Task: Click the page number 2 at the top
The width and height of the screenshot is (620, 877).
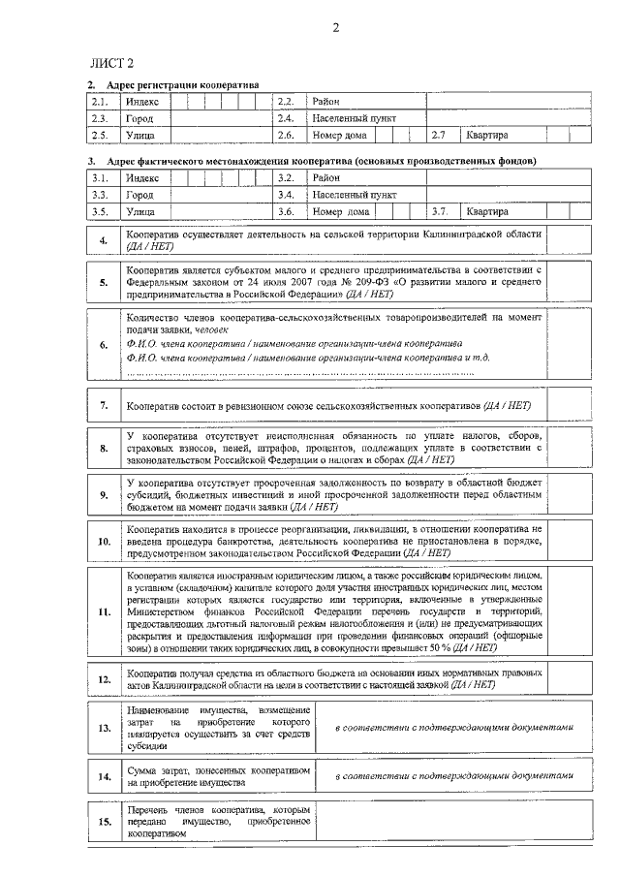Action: tap(334, 27)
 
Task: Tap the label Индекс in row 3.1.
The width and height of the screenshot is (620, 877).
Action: tap(142, 178)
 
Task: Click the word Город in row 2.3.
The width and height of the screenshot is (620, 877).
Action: tap(139, 118)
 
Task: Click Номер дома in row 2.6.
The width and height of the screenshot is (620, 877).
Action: tap(341, 135)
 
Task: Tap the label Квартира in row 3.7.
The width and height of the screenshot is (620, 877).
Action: tap(486, 211)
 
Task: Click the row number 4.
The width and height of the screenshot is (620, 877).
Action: tap(104, 240)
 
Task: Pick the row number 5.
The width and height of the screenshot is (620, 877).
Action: tap(104, 283)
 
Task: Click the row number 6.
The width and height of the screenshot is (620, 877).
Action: tap(104, 345)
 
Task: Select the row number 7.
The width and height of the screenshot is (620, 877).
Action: tap(104, 404)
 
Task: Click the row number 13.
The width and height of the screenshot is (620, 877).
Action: tap(104, 727)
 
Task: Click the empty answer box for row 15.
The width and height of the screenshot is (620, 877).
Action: tap(454, 822)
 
